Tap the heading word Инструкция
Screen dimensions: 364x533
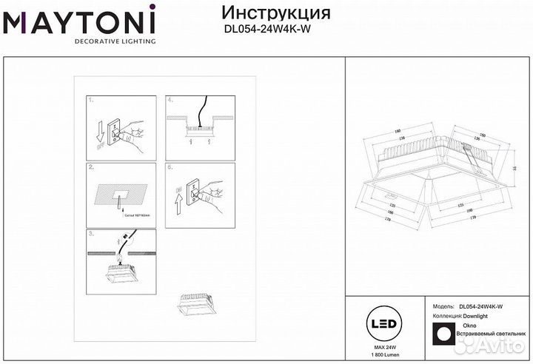pos(276,13)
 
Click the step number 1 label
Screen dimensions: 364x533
pos(90,99)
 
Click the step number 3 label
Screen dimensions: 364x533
pos(90,233)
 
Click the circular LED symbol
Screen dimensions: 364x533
pos(382,326)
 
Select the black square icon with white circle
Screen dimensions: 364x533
pos(443,334)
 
